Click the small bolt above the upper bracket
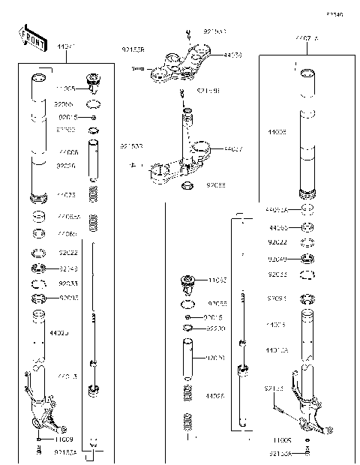pyautogui.click(x=187, y=32)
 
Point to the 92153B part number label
pyautogui.click(x=133, y=50)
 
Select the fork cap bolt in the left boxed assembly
pyautogui.click(x=94, y=81)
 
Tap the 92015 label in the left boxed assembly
pyautogui.click(x=67, y=118)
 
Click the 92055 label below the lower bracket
pyautogui.click(x=217, y=184)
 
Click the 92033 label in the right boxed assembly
pyautogui.click(x=278, y=274)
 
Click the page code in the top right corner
pyautogui.click(x=334, y=14)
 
